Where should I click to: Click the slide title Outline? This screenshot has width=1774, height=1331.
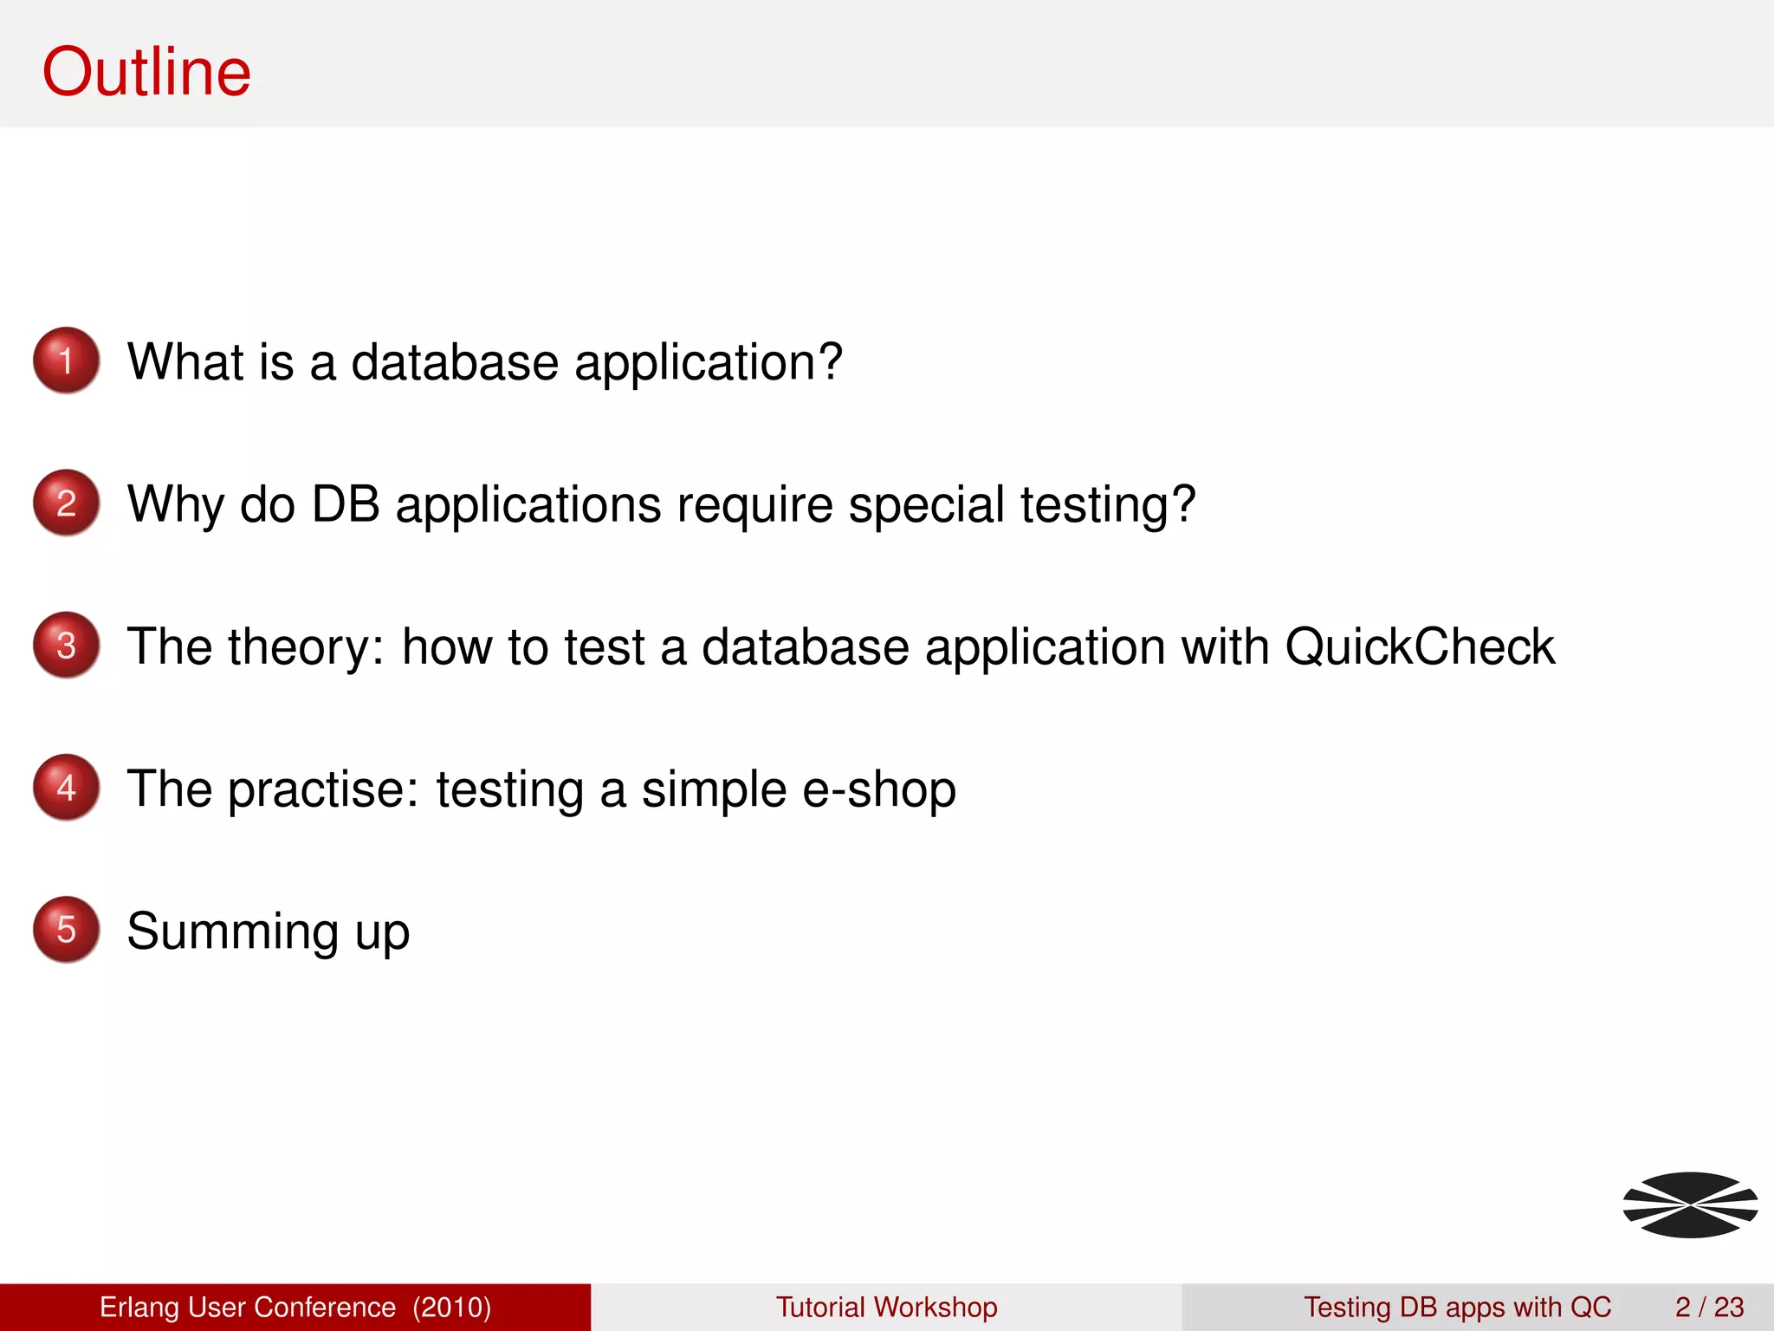pyautogui.click(x=146, y=72)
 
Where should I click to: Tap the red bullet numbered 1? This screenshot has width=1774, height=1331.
pyautogui.click(x=66, y=360)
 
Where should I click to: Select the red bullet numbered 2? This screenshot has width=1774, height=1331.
pyautogui.click(x=66, y=503)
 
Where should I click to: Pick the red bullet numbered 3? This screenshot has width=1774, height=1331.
pyautogui.click(x=66, y=645)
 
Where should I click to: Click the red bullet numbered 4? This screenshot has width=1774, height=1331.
pyautogui.click(x=66, y=787)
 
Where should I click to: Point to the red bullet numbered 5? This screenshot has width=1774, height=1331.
pyautogui.click(x=66, y=929)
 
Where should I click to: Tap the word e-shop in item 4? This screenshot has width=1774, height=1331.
pyautogui.click(x=879, y=789)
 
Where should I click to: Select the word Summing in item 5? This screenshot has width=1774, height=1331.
pyautogui.click(x=233, y=932)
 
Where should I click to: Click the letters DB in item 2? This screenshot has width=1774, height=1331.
pyautogui.click(x=345, y=503)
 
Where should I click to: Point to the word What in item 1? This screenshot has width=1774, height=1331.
pyautogui.click(x=185, y=361)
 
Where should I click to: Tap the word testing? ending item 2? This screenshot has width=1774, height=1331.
pyautogui.click(x=1108, y=504)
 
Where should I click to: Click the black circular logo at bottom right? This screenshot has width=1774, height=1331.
pyautogui.click(x=1690, y=1204)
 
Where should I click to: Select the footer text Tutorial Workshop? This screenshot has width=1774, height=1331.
pyautogui.click(x=886, y=1307)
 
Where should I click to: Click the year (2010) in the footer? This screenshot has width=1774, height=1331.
pyautogui.click(x=451, y=1307)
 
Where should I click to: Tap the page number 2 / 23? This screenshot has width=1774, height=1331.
pyautogui.click(x=1709, y=1307)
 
